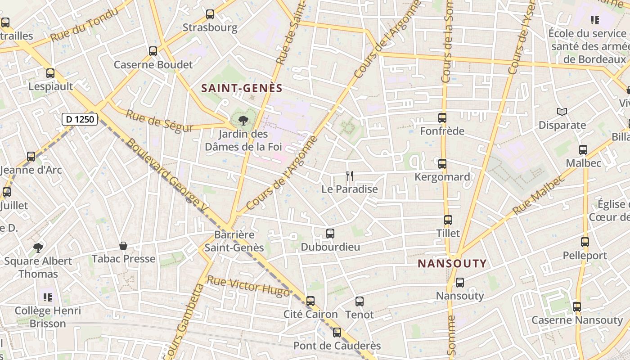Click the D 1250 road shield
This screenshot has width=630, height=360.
80,119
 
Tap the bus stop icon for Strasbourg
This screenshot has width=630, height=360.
210,14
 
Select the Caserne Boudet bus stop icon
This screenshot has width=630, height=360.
153,51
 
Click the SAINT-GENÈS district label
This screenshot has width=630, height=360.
242,88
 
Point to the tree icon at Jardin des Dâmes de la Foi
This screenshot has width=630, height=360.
243,120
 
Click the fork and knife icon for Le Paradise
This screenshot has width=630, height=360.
350,175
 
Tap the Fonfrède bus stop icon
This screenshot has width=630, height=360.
442,118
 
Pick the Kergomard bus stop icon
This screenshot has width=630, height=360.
442,164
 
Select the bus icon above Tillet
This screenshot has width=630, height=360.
448,220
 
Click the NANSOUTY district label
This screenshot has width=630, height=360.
452,264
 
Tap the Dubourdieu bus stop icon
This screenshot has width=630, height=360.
330,234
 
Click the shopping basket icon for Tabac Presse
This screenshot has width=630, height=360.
123,246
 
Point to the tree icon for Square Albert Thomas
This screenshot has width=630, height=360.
38,247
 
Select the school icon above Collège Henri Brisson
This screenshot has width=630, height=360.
48,297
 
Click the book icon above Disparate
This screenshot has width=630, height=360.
562,112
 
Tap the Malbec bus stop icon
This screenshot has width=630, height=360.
583,149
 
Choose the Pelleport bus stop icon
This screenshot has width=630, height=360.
585,242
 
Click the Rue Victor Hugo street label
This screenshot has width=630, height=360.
248,286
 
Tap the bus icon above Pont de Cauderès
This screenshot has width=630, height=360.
337,333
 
